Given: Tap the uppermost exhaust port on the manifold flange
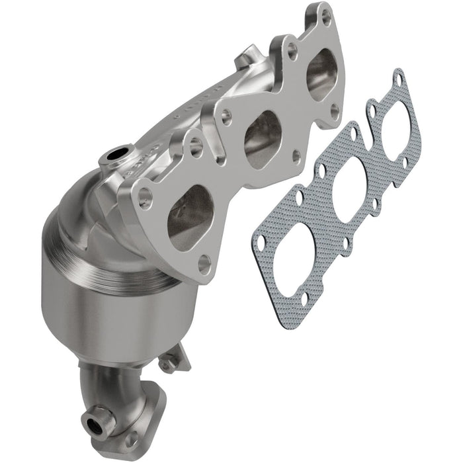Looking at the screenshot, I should (322, 75).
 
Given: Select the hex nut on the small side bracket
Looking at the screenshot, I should (171, 362).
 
